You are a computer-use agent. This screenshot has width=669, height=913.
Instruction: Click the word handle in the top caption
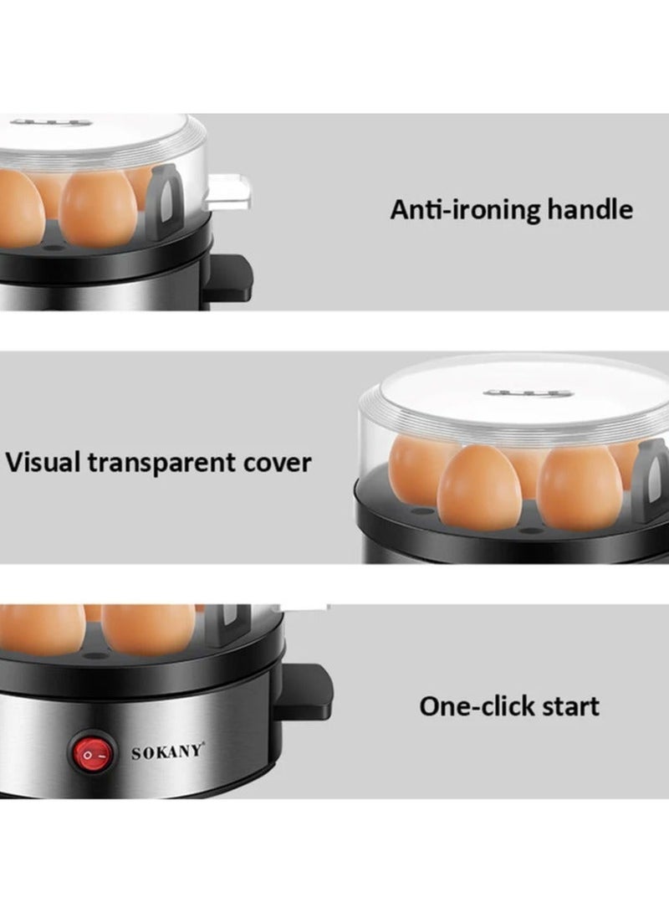[x=590, y=209]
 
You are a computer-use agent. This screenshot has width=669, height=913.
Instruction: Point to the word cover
[x=278, y=463]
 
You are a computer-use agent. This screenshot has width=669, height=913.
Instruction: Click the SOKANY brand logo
[x=167, y=751]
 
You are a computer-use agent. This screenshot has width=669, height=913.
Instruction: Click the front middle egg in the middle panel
[x=480, y=489]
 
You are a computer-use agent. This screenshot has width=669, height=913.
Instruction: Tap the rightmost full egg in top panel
[x=98, y=208]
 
